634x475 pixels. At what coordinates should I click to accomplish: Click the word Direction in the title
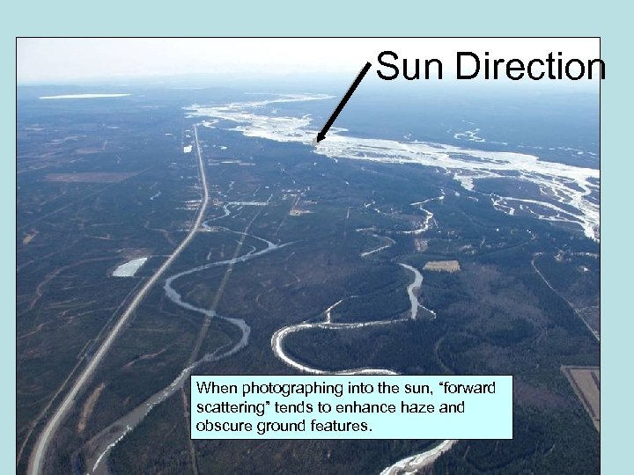pyautogui.click(x=531, y=67)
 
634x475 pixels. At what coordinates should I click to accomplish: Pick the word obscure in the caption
pyautogui.click(x=222, y=427)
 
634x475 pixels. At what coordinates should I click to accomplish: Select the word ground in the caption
pyautogui.click(x=277, y=427)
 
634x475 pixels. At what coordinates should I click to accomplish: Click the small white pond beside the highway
pyautogui.click(x=129, y=267)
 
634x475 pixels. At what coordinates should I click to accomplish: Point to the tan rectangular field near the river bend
pyautogui.click(x=441, y=266)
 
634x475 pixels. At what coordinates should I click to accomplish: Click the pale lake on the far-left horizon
pyautogui.click(x=85, y=96)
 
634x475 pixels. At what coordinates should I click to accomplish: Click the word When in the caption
pyautogui.click(x=216, y=389)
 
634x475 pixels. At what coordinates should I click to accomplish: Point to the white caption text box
pyautogui.click(x=351, y=407)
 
